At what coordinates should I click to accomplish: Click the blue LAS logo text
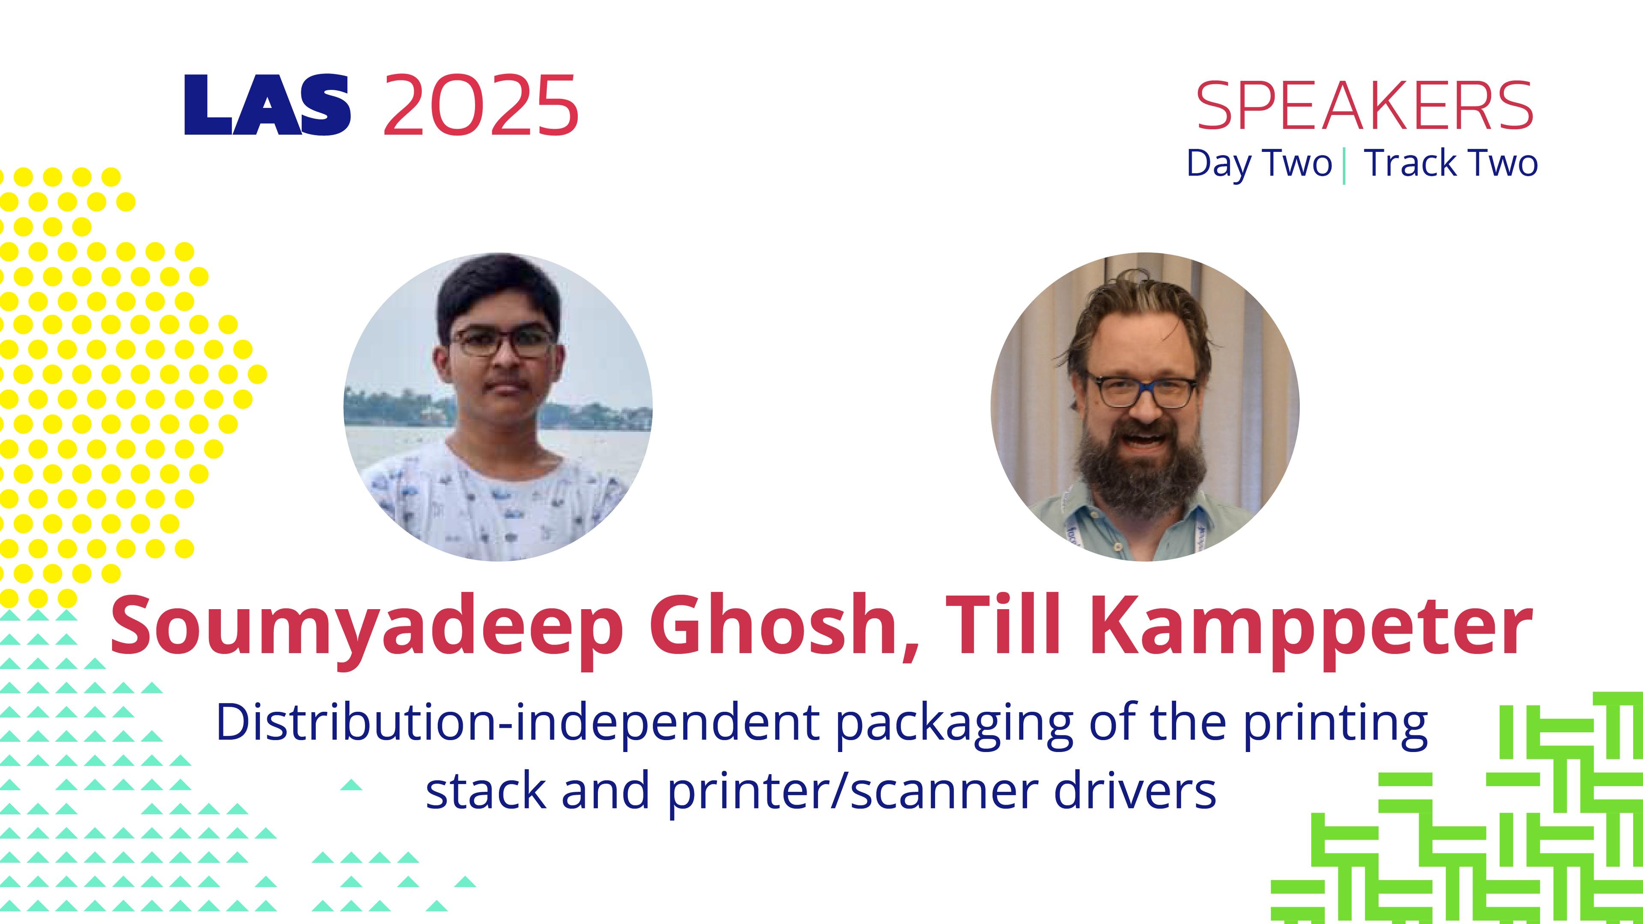pos(267,105)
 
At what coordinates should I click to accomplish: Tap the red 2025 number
pos(481,105)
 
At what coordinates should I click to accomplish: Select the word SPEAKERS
pos(1365,106)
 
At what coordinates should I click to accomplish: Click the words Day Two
pos(1260,163)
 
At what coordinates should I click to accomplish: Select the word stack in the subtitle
pos(485,789)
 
